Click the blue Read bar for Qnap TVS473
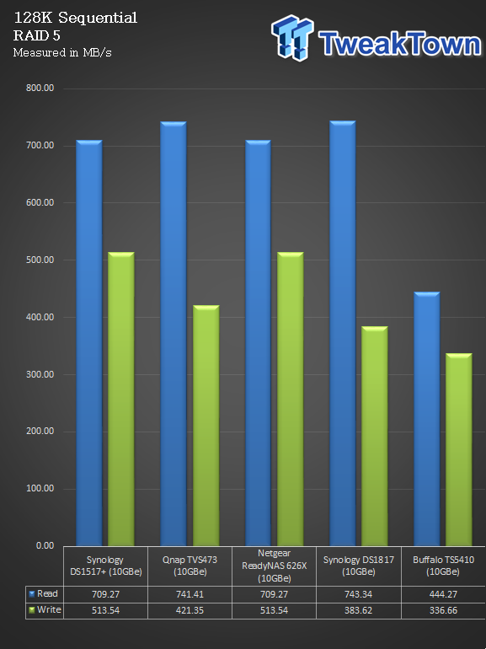tap(174, 334)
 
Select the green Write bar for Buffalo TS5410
tap(459, 449)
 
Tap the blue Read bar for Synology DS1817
tap(343, 333)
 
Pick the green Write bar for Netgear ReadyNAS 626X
tap(290, 399)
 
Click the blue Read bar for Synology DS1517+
tap(89, 343)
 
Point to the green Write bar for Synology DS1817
tap(374, 436)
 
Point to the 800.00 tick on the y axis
tap(40, 88)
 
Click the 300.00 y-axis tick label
tap(40, 374)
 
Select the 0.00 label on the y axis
tap(45, 546)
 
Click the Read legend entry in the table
tap(44, 594)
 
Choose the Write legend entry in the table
tap(45, 609)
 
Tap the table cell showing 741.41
tap(190, 594)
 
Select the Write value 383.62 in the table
tap(358, 610)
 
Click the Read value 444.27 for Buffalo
tap(443, 594)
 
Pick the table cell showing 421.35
tap(190, 610)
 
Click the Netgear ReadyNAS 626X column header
tap(274, 566)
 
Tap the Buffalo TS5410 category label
tap(443, 566)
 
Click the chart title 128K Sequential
tap(75, 18)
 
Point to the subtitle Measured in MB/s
tap(62, 52)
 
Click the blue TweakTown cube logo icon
tap(292, 38)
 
